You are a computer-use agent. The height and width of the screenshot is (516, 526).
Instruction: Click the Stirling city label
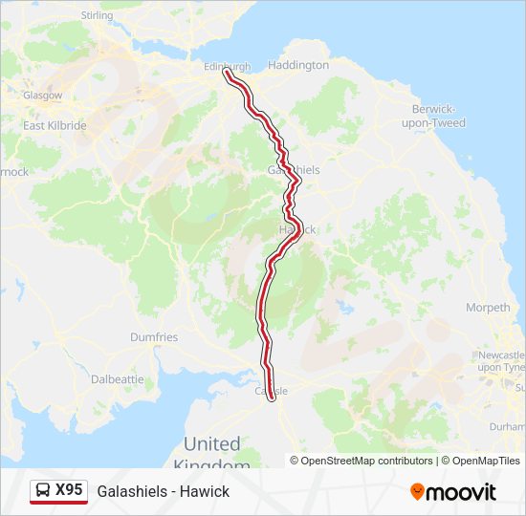(x=98, y=16)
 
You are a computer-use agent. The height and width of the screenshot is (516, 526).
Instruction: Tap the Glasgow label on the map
(x=44, y=96)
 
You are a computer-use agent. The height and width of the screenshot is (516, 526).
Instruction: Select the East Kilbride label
(x=55, y=125)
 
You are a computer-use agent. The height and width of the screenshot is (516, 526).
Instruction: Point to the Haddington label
(x=298, y=66)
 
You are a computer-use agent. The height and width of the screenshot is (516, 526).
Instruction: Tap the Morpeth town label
(x=488, y=308)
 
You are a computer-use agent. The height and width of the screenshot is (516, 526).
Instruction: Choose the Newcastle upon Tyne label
(x=501, y=361)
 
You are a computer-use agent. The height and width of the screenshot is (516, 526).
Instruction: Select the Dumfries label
(x=154, y=337)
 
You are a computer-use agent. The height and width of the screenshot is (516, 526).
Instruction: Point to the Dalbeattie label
(x=117, y=378)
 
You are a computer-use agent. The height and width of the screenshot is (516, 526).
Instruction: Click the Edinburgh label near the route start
(x=228, y=66)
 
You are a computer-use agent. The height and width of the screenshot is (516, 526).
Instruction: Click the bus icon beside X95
(x=43, y=490)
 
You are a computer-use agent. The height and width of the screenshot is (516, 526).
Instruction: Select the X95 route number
(x=69, y=490)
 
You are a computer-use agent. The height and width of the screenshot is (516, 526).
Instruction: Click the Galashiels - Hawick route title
(x=163, y=491)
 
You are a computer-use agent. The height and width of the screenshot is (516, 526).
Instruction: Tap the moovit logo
(x=453, y=491)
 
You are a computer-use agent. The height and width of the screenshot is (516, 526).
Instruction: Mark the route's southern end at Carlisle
(x=273, y=397)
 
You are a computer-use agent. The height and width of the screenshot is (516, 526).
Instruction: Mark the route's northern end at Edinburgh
(x=226, y=73)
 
